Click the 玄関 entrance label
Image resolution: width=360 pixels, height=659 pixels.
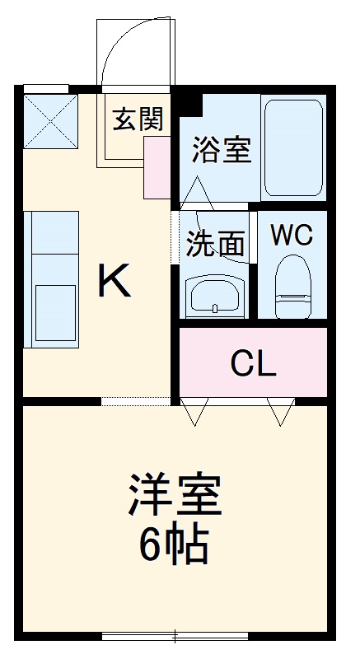(138, 119)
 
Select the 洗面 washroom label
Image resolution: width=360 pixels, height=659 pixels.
(215, 243)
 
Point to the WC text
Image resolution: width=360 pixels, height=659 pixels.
(292, 236)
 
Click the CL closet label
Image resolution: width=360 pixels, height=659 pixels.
(253, 362)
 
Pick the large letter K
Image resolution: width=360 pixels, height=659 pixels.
(115, 283)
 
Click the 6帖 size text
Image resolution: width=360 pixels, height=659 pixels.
(174, 544)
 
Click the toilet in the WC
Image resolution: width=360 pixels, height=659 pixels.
(292, 283)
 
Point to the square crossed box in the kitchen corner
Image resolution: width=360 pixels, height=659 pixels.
(49, 119)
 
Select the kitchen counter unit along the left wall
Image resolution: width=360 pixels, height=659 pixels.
(51, 278)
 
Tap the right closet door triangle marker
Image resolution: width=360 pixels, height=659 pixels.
(281, 412)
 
